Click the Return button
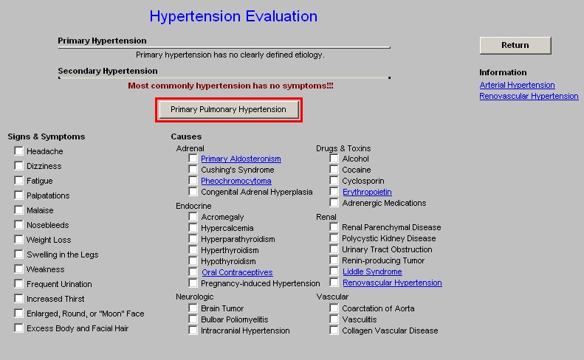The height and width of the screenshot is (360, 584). click(x=515, y=46)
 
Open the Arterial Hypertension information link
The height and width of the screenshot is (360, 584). click(x=517, y=85)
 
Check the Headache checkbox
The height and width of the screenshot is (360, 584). click(x=18, y=150)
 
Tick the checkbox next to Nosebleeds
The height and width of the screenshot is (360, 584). click(x=18, y=224)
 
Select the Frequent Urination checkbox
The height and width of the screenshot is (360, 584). click(x=18, y=284)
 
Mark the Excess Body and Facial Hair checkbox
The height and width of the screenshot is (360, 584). click(x=18, y=328)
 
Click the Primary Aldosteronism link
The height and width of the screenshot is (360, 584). click(x=241, y=159)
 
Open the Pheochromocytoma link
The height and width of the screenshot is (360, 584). click(x=236, y=181)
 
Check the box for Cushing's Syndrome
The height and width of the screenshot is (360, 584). click(x=193, y=170)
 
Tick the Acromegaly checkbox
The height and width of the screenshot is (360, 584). click(x=193, y=217)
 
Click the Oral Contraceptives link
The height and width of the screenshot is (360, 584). click(x=237, y=272)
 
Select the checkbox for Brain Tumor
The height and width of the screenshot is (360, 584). click(x=193, y=308)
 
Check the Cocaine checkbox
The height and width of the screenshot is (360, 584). click(x=334, y=170)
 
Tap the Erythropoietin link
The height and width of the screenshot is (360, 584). click(x=367, y=192)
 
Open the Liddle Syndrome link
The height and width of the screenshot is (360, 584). click(x=372, y=271)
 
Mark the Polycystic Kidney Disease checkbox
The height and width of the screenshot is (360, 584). click(x=334, y=238)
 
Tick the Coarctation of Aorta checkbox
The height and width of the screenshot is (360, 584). click(x=334, y=308)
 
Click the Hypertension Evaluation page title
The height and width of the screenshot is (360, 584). click(x=233, y=16)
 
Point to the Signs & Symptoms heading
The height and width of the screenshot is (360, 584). click(x=47, y=136)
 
